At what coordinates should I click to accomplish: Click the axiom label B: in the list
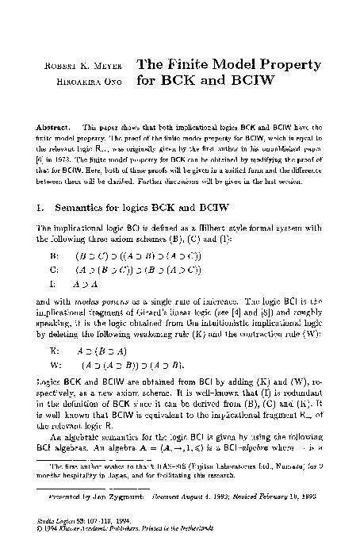coord(55,258)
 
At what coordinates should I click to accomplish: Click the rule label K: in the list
coord(54,349)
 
